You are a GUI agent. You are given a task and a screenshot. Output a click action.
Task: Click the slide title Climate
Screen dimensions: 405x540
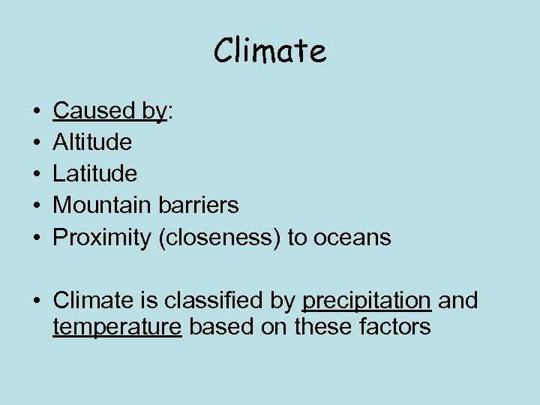(270, 51)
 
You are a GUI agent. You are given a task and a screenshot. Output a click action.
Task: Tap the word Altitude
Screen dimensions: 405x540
(92, 142)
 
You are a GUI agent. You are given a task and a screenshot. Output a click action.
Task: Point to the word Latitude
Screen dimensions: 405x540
(95, 173)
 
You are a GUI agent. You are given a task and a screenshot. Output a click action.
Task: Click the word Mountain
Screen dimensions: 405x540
(103, 205)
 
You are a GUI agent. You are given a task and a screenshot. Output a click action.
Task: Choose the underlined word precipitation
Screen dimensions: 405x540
(366, 301)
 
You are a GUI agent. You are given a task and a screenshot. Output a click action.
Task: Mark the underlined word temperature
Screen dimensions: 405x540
(117, 327)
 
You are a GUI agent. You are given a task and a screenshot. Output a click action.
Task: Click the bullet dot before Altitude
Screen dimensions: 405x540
(37, 142)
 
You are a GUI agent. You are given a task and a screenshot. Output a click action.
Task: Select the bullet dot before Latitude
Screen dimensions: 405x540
(37, 174)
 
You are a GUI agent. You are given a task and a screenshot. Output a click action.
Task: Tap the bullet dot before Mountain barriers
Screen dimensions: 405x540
(37, 205)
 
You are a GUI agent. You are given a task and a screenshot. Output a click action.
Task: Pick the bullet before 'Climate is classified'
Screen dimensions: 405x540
(37, 301)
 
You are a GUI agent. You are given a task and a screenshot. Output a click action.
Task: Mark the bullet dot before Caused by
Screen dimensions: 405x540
(37, 111)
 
